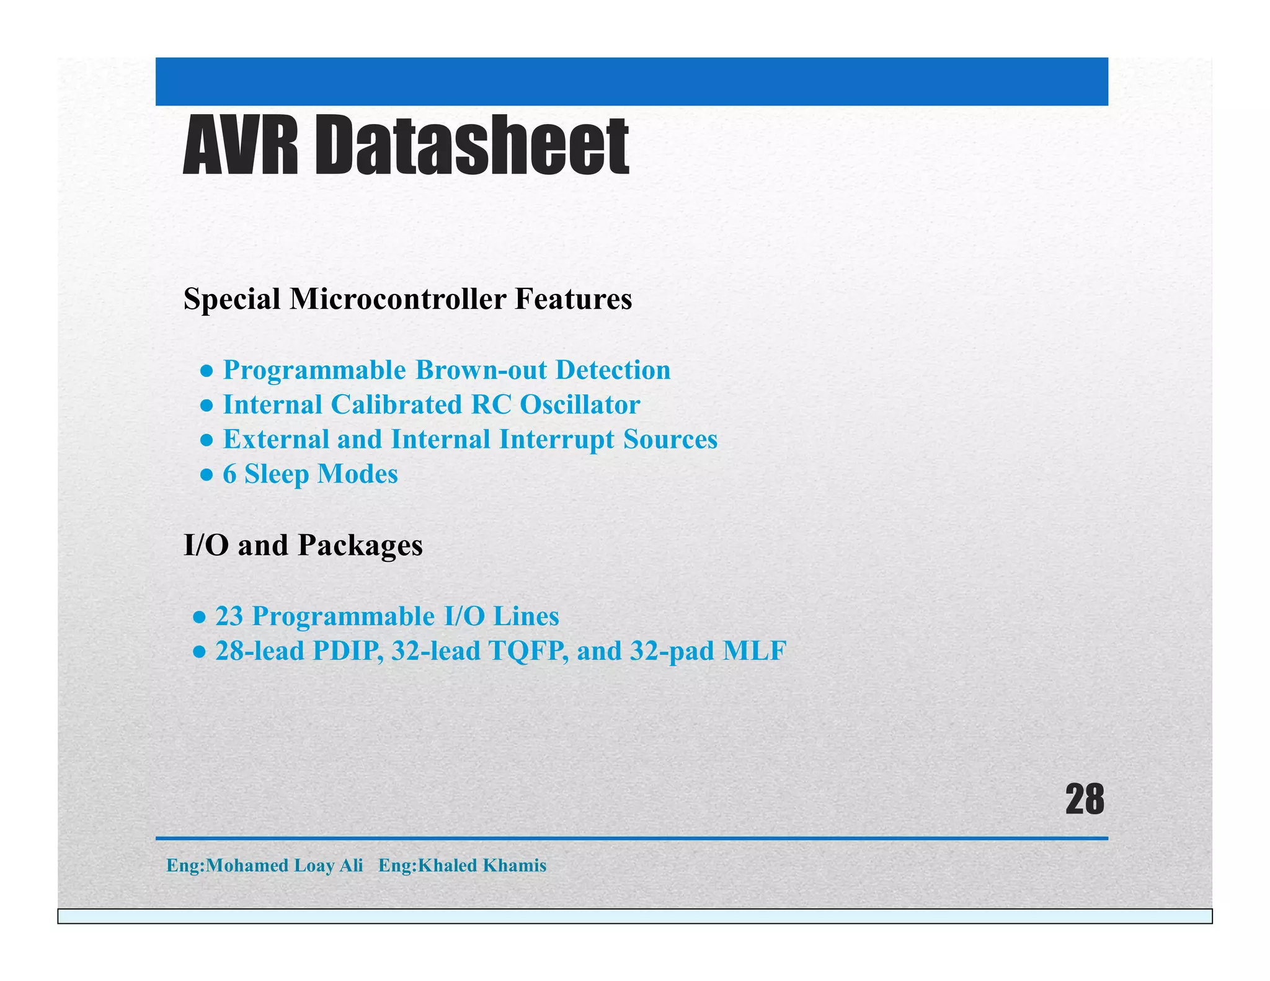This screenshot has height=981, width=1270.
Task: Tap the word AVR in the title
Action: pyautogui.click(x=241, y=146)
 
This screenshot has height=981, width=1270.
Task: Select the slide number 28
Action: pyautogui.click(x=1085, y=800)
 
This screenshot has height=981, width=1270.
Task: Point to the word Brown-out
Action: pyautogui.click(x=481, y=370)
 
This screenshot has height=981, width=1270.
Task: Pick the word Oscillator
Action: pyautogui.click(x=580, y=405)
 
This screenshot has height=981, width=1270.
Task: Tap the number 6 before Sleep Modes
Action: pyautogui.click(x=229, y=474)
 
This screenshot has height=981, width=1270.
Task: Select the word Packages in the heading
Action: pyautogui.click(x=360, y=546)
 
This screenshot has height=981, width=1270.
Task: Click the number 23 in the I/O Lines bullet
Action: pyautogui.click(x=229, y=616)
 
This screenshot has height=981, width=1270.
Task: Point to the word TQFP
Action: pyautogui.click(x=528, y=651)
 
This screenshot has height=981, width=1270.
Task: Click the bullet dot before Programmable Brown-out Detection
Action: pyautogui.click(x=207, y=371)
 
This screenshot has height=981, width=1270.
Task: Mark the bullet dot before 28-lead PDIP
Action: pyautogui.click(x=199, y=652)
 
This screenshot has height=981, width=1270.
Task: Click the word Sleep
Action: pyautogui.click(x=277, y=475)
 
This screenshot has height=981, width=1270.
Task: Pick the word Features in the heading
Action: pyautogui.click(x=573, y=300)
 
